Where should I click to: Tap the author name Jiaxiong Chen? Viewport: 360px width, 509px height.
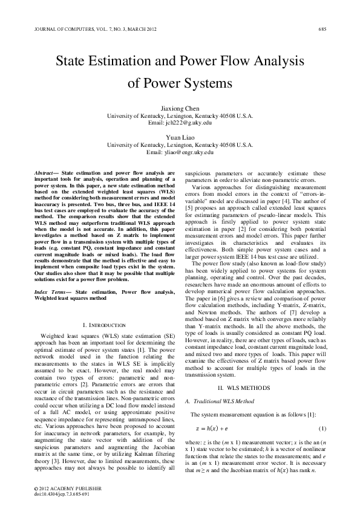coord(180,107)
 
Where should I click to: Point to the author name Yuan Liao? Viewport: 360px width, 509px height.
coord(180,138)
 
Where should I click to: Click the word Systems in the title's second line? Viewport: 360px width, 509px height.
coord(208,83)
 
